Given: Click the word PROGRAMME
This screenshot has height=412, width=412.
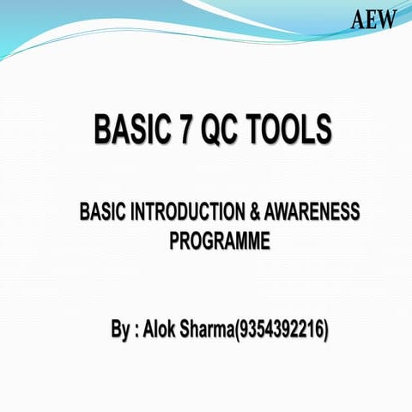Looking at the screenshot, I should click(x=219, y=241).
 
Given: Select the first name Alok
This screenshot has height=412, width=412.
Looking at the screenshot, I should click(x=161, y=329).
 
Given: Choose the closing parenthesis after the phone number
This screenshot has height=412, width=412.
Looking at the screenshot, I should click(x=328, y=330).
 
